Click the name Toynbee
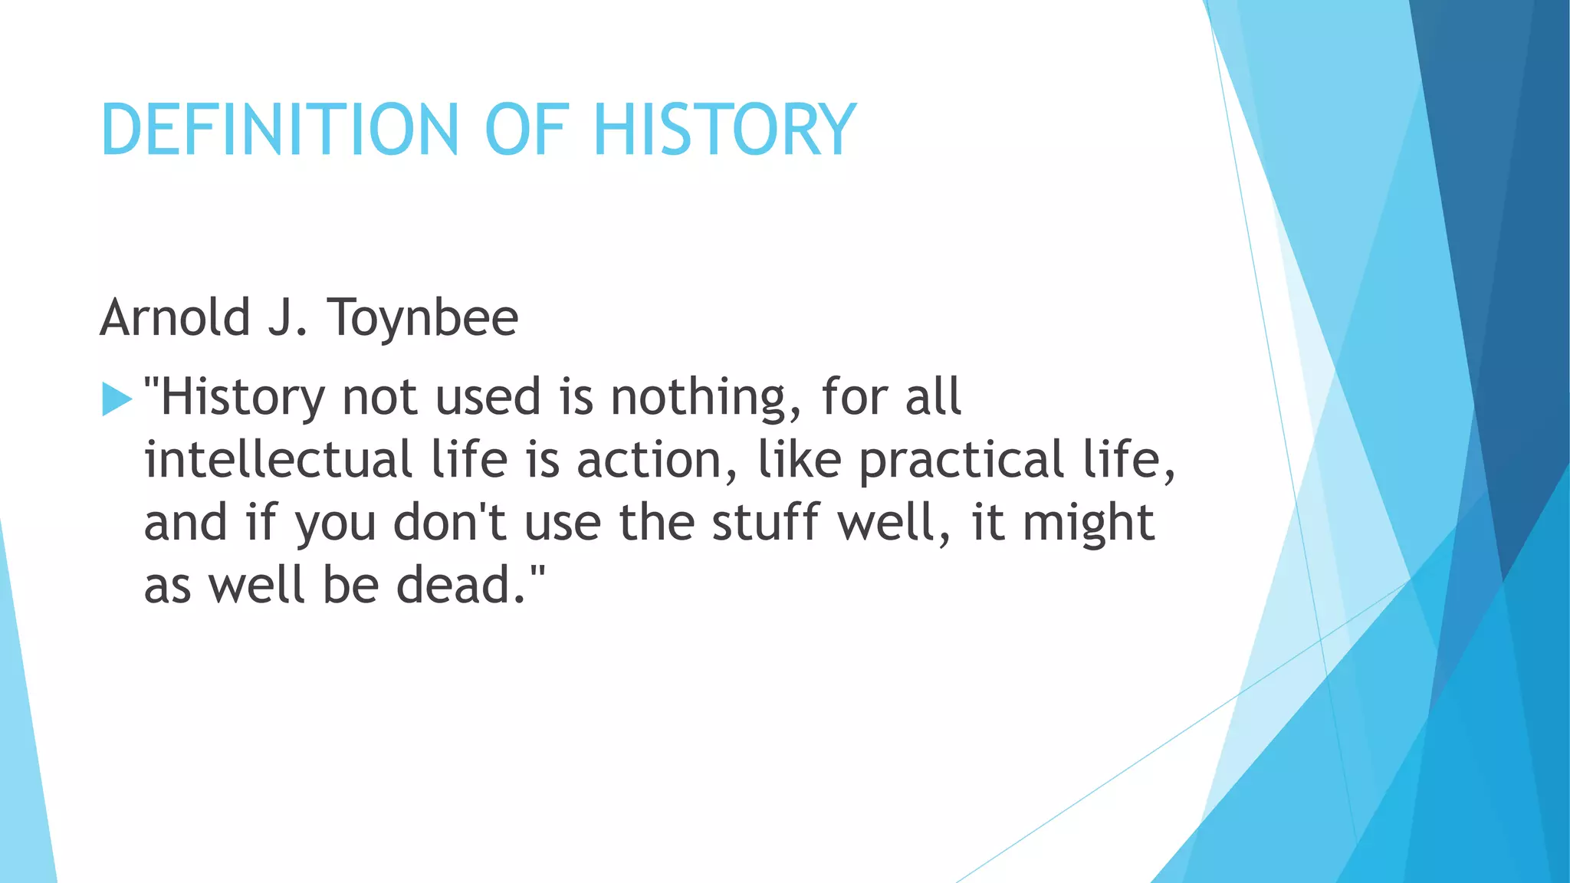coord(423,318)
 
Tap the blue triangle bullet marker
coord(117,399)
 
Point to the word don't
coord(450,523)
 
